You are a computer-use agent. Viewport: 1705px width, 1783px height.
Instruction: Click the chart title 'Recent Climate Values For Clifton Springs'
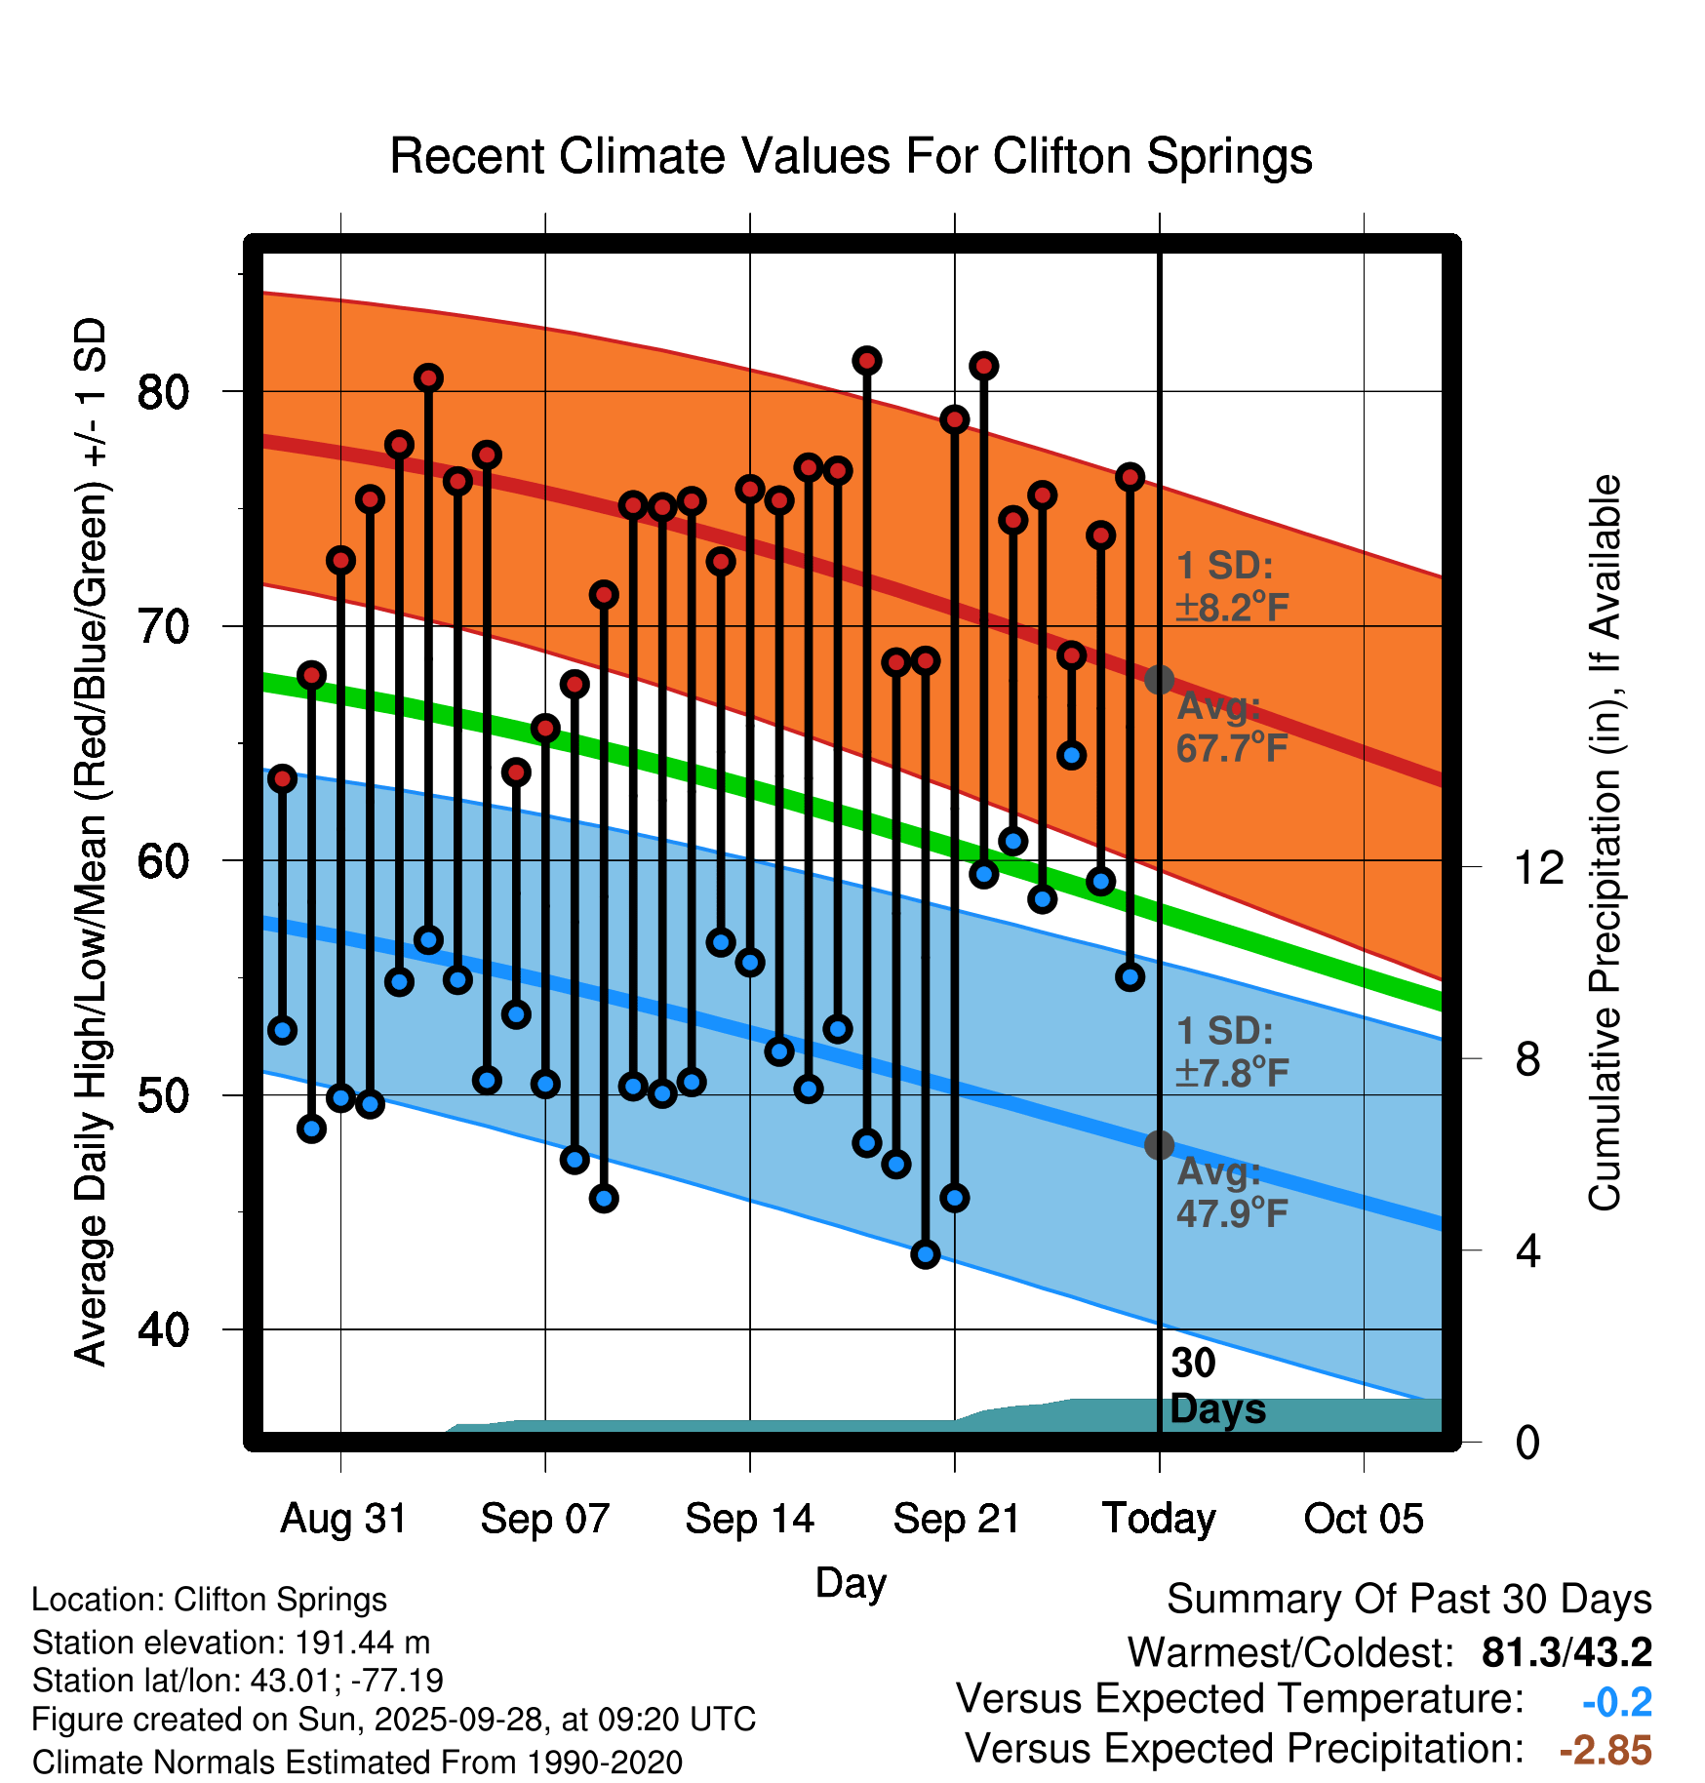(x=851, y=156)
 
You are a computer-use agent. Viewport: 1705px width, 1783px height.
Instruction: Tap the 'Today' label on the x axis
(x=1159, y=1519)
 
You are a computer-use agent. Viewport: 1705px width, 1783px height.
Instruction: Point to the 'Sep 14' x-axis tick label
(x=749, y=1519)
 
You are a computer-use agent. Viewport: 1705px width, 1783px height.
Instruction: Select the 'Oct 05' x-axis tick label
(x=1364, y=1519)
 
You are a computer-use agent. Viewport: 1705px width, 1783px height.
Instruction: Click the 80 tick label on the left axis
(x=163, y=392)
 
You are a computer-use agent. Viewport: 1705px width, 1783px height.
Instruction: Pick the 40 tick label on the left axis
(x=163, y=1329)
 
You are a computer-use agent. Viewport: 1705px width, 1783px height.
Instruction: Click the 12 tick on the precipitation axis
(x=1538, y=867)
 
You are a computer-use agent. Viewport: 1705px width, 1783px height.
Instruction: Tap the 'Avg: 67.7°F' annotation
(x=1231, y=727)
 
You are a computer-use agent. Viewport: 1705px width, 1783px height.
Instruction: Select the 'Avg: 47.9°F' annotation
(x=1231, y=1192)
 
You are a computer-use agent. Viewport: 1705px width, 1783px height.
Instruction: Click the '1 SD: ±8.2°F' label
(x=1231, y=586)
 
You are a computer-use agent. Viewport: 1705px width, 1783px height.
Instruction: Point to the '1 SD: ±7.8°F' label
(x=1231, y=1051)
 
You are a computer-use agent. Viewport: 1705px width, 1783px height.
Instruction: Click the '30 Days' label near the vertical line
(x=1216, y=1386)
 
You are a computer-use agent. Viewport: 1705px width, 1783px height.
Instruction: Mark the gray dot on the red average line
(x=1159, y=679)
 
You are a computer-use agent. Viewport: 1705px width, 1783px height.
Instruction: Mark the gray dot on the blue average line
(x=1159, y=1145)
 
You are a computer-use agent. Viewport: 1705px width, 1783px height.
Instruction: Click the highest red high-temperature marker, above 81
(x=867, y=361)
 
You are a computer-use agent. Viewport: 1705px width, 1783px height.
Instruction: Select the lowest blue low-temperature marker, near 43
(x=926, y=1254)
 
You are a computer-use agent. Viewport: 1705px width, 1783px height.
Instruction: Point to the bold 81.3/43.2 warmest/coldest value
(x=1566, y=1652)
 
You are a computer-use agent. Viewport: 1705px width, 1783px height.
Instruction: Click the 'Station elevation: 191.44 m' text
(x=231, y=1643)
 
